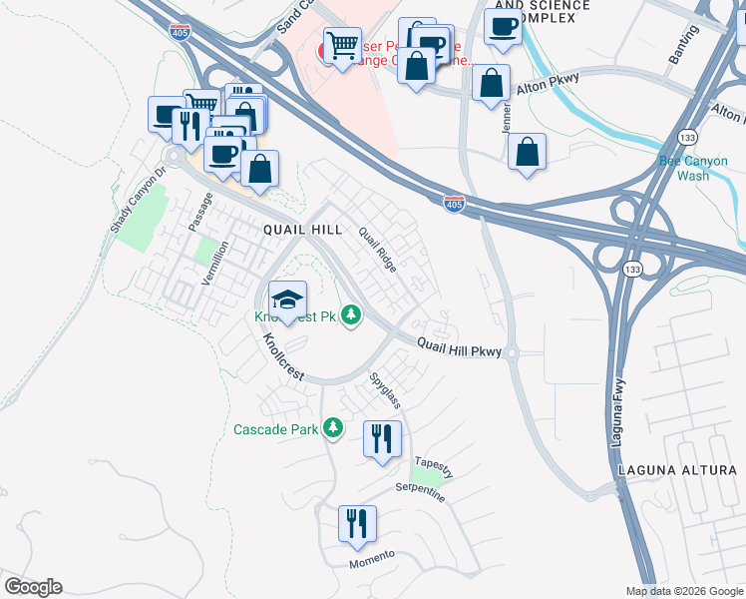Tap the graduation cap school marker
287,300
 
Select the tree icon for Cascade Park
333,429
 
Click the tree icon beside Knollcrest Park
351,316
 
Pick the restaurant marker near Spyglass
382,439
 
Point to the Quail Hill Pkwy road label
459,346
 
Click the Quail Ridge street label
378,250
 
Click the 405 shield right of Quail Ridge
454,204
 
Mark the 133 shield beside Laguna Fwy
631,269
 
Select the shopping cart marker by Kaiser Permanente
342,46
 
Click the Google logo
33,587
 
